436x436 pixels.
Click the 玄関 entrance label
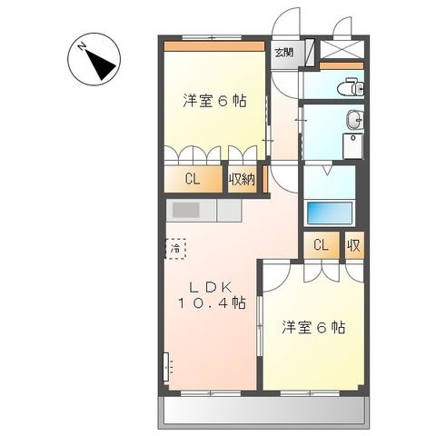pyautogui.click(x=283, y=53)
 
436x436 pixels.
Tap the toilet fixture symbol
pyautogui.click(x=351, y=87)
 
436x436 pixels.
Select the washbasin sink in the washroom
pyautogui.click(x=354, y=120)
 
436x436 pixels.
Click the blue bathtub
pyautogui.click(x=330, y=213)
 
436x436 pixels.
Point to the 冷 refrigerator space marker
pyautogui.click(x=175, y=249)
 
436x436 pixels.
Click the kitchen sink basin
pyautogui.click(x=185, y=210)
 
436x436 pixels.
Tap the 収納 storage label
pyautogui.click(x=242, y=180)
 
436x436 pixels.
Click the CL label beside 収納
pyautogui.click(x=193, y=180)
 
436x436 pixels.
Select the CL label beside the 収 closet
pyautogui.click(x=321, y=244)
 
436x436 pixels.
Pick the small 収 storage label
pyautogui.click(x=353, y=245)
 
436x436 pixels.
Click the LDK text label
pyautogui.click(x=211, y=287)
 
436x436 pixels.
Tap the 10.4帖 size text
pyautogui.click(x=212, y=302)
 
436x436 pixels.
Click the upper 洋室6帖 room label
pyautogui.click(x=214, y=101)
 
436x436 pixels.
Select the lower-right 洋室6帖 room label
pyautogui.click(x=313, y=327)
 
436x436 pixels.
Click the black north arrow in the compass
pyautogui.click(x=100, y=64)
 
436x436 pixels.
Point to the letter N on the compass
pyautogui.click(x=82, y=47)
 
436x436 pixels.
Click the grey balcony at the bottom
pyautogui.click(x=263, y=411)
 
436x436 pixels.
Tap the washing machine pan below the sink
pyautogui.click(x=352, y=146)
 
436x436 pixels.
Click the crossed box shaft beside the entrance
pyautogui.click(x=342, y=49)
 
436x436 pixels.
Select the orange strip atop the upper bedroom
pyautogui.click(x=214, y=46)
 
